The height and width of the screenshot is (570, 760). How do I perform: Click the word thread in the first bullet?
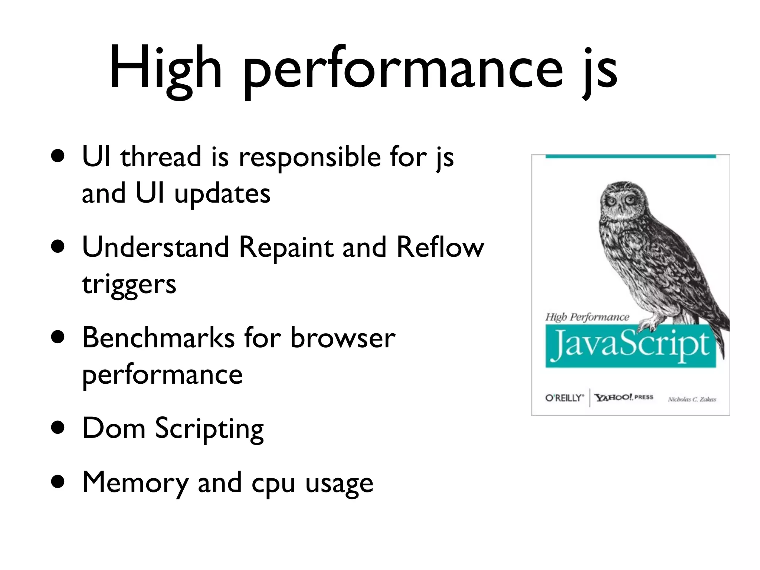pyautogui.click(x=161, y=157)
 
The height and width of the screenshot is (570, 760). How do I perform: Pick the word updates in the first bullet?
pyautogui.click(x=222, y=194)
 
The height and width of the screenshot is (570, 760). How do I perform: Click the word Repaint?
pyautogui.click(x=286, y=248)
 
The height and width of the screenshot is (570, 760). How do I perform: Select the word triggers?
pyautogui.click(x=129, y=285)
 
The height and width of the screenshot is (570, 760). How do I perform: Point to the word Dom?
pyautogui.click(x=114, y=428)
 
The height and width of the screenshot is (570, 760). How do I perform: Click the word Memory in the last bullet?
pyautogui.click(x=135, y=483)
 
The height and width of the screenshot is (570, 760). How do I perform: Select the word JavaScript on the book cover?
pyautogui.click(x=630, y=345)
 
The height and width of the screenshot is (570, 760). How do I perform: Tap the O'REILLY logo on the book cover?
pyautogui.click(x=564, y=398)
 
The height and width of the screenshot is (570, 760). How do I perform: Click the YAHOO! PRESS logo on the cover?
pyautogui.click(x=624, y=397)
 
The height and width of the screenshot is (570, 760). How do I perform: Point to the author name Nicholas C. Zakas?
pyautogui.click(x=692, y=399)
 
